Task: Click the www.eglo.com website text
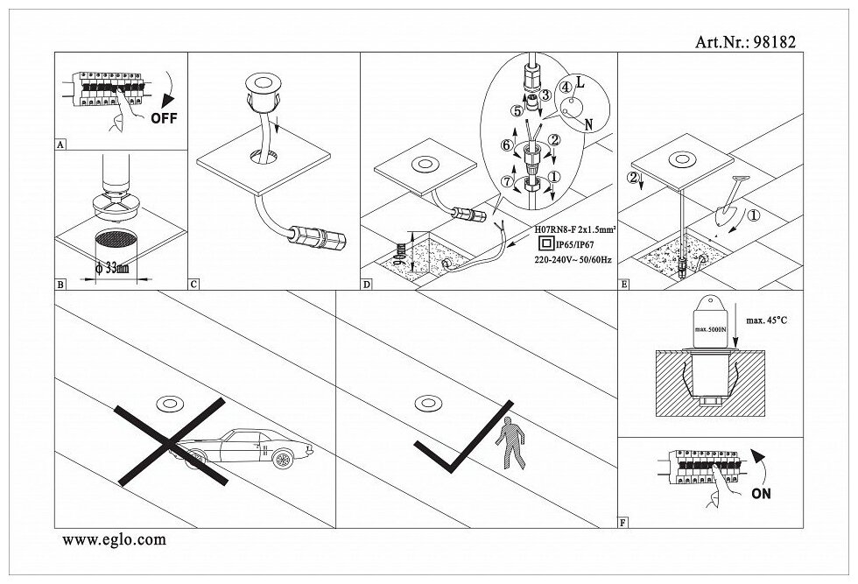114,540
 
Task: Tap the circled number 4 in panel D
566,87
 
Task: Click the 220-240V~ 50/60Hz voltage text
573,260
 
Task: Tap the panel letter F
622,523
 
